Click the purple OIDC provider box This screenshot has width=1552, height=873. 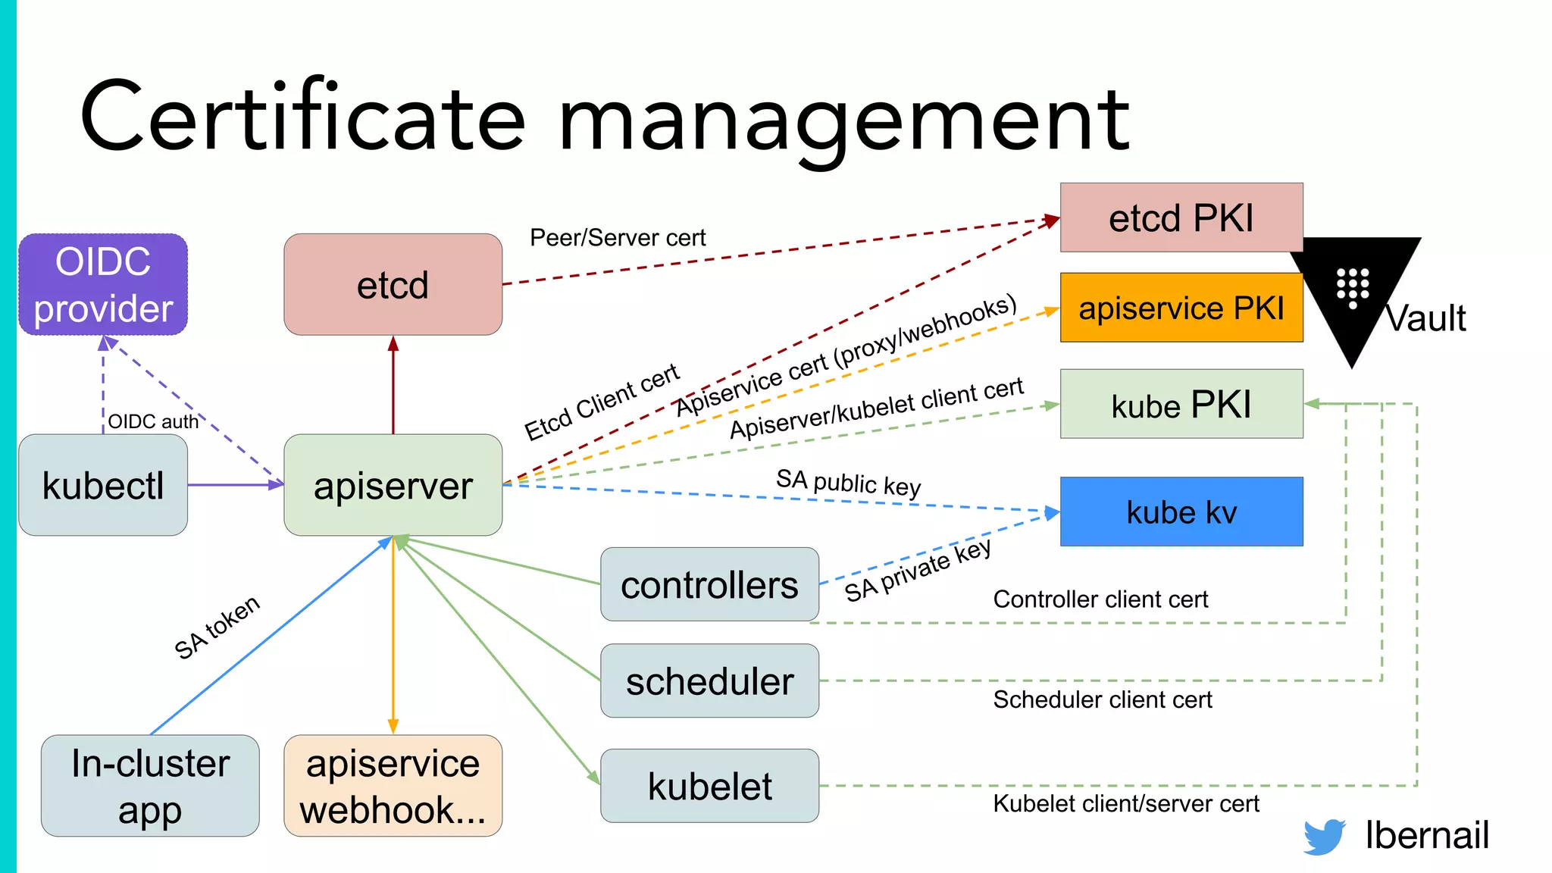click(103, 285)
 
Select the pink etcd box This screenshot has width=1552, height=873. click(393, 285)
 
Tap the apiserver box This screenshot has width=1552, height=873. click(393, 485)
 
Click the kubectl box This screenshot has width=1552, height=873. click(103, 485)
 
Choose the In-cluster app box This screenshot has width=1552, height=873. click(150, 785)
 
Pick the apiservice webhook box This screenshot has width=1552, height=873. click(393, 785)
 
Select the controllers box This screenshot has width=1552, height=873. click(709, 584)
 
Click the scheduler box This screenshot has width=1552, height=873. click(709, 681)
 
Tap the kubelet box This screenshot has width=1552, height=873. click(709, 785)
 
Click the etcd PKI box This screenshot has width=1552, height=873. click(1181, 217)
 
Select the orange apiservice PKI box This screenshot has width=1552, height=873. click(1181, 308)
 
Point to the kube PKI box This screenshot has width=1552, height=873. click(1181, 404)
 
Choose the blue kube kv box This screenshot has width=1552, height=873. click(1181, 512)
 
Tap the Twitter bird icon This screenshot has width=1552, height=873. click(1324, 836)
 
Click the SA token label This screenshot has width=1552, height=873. click(217, 627)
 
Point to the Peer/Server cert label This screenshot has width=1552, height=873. click(617, 238)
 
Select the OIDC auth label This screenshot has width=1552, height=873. click(153, 421)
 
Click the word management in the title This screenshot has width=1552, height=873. click(843, 120)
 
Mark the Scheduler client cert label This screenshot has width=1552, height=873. click(1102, 699)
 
